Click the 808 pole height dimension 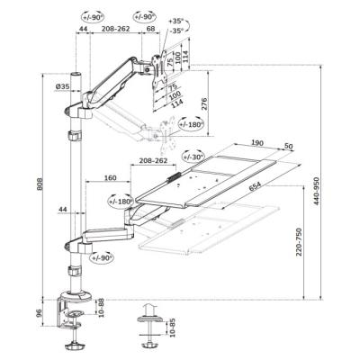tap(40, 184)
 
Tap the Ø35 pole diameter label tap(62, 86)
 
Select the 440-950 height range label tap(317, 191)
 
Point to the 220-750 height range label tap(299, 242)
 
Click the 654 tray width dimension tap(255, 186)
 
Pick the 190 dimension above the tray tap(257, 143)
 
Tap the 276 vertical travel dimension tap(204, 103)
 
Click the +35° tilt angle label tap(175, 22)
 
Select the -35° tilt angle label tap(175, 31)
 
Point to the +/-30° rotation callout tap(193, 157)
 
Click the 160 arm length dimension tap(110, 177)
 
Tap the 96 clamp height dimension tap(38, 313)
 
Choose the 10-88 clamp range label tap(101, 308)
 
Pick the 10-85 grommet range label tap(172, 328)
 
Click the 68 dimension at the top tap(150, 29)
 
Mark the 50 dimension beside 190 tap(288, 146)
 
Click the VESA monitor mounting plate tap(158, 71)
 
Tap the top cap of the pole tap(76, 74)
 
